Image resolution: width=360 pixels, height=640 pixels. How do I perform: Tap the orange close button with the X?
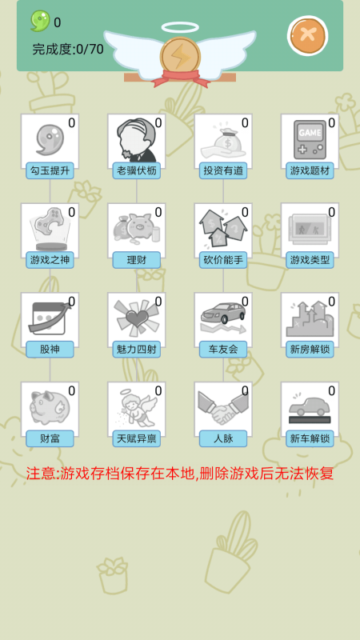(307, 35)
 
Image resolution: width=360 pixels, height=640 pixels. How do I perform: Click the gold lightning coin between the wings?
(180, 57)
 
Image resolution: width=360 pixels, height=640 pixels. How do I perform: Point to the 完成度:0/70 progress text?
(68, 50)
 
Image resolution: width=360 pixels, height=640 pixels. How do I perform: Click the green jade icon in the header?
(40, 21)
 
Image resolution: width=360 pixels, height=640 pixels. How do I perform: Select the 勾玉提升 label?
(50, 170)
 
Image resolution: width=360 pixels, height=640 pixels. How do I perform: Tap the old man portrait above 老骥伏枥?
(136, 140)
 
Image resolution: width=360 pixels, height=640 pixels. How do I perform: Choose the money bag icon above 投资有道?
(223, 142)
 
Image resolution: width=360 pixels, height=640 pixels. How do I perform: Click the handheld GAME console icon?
(310, 139)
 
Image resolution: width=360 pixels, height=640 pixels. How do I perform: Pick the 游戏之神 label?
(50, 260)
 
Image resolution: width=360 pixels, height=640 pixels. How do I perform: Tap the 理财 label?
(136, 260)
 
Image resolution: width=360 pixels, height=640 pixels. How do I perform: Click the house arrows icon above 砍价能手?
(223, 229)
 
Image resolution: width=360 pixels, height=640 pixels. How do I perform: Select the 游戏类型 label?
(310, 260)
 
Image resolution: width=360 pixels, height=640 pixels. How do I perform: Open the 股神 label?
(50, 350)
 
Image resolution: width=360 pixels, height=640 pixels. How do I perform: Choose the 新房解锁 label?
(310, 350)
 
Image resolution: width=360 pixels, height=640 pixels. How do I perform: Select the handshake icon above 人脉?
(223, 407)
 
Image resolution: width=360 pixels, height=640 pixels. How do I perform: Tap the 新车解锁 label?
(310, 438)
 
